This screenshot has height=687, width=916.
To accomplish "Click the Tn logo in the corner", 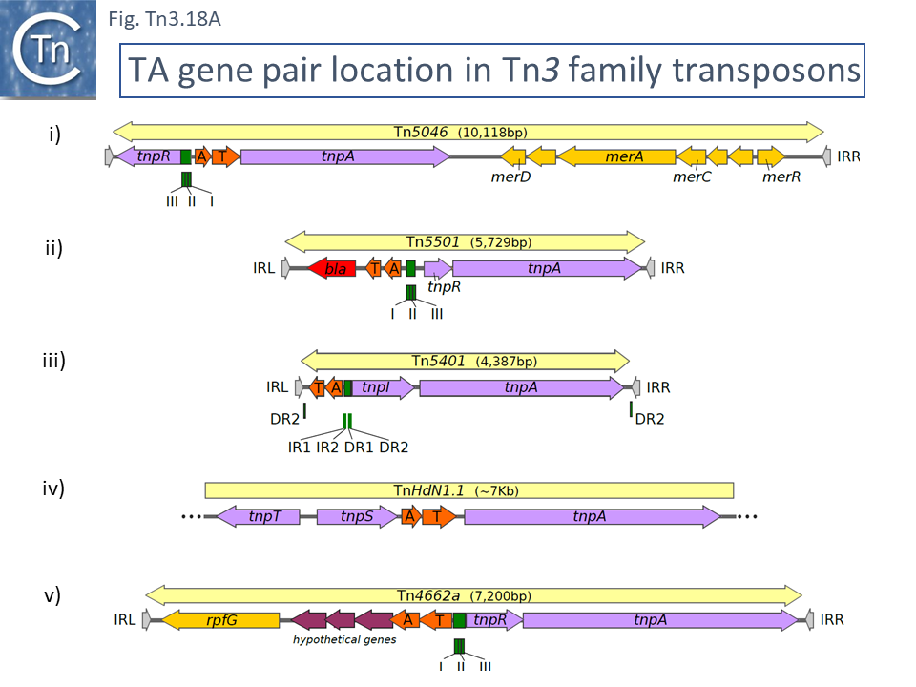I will (50, 50).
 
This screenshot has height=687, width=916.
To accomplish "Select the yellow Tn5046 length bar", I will (468, 132).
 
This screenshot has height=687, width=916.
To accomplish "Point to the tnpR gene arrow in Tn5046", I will (148, 156).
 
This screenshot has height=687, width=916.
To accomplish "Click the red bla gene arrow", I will (332, 269).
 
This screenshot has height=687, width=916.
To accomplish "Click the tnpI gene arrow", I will (382, 387).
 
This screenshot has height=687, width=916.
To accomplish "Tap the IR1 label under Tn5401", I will (299, 446).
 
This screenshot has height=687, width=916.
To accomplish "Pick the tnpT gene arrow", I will (259, 516).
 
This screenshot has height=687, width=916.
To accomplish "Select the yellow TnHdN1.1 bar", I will (468, 490).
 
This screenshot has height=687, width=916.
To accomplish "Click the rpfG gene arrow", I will (220, 620).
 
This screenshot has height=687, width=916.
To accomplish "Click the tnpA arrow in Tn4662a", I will (658, 620).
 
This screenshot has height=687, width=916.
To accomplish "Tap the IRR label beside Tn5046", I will (848, 156).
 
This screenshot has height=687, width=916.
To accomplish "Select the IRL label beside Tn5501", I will (264, 269).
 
